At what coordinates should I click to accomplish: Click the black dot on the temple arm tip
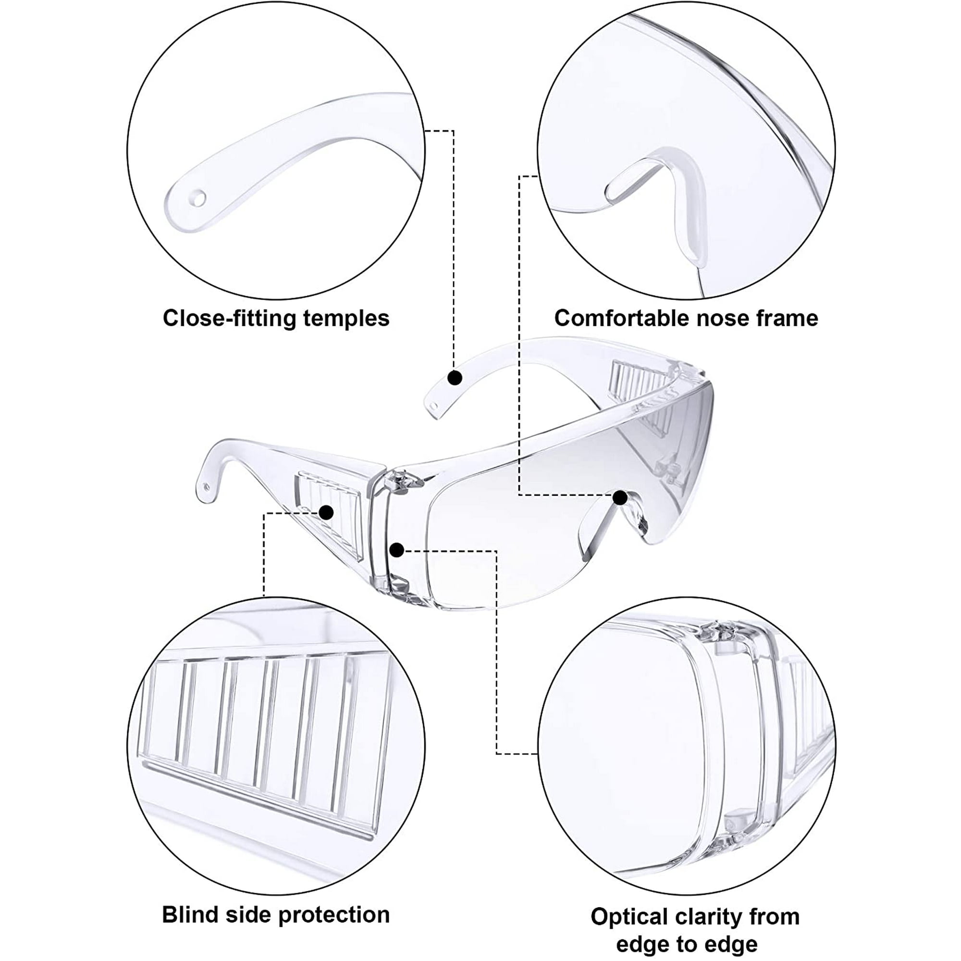coord(455,378)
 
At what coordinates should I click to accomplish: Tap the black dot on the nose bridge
coord(620,497)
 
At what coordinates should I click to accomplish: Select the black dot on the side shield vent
coord(326,512)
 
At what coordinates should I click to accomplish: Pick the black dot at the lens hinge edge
coord(396,550)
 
